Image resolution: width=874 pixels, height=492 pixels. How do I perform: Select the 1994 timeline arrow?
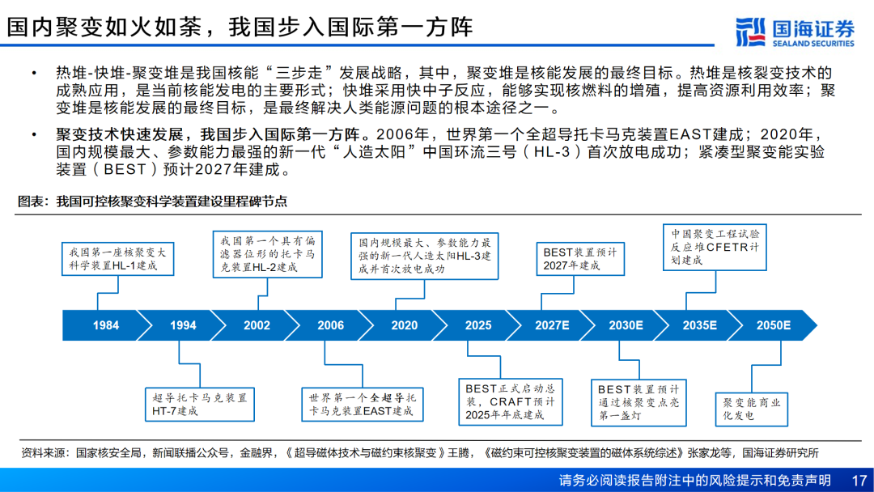[182, 325]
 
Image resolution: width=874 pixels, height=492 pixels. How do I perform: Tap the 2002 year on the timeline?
[257, 325]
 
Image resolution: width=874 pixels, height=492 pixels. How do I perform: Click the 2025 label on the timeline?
[477, 325]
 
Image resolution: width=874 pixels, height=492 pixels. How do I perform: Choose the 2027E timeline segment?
[552, 325]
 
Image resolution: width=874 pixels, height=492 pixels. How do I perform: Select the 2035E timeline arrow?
[699, 325]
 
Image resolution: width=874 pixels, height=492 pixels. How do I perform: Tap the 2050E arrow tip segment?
[774, 325]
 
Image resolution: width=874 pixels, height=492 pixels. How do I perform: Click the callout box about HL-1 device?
[117, 259]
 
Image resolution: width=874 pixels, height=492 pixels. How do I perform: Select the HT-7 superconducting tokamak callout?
[200, 405]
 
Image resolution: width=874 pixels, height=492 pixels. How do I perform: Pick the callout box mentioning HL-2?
[268, 254]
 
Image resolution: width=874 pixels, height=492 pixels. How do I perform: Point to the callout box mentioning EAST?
[363, 405]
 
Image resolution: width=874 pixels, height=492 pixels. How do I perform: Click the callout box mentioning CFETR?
[715, 248]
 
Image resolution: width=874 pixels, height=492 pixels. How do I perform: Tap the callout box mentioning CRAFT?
[511, 402]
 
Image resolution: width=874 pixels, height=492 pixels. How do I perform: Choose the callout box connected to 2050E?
[751, 409]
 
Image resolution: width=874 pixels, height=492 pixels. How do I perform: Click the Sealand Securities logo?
[795, 32]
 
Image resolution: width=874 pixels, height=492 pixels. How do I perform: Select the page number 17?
[859, 481]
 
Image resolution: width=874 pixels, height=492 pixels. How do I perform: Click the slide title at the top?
[240, 27]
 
